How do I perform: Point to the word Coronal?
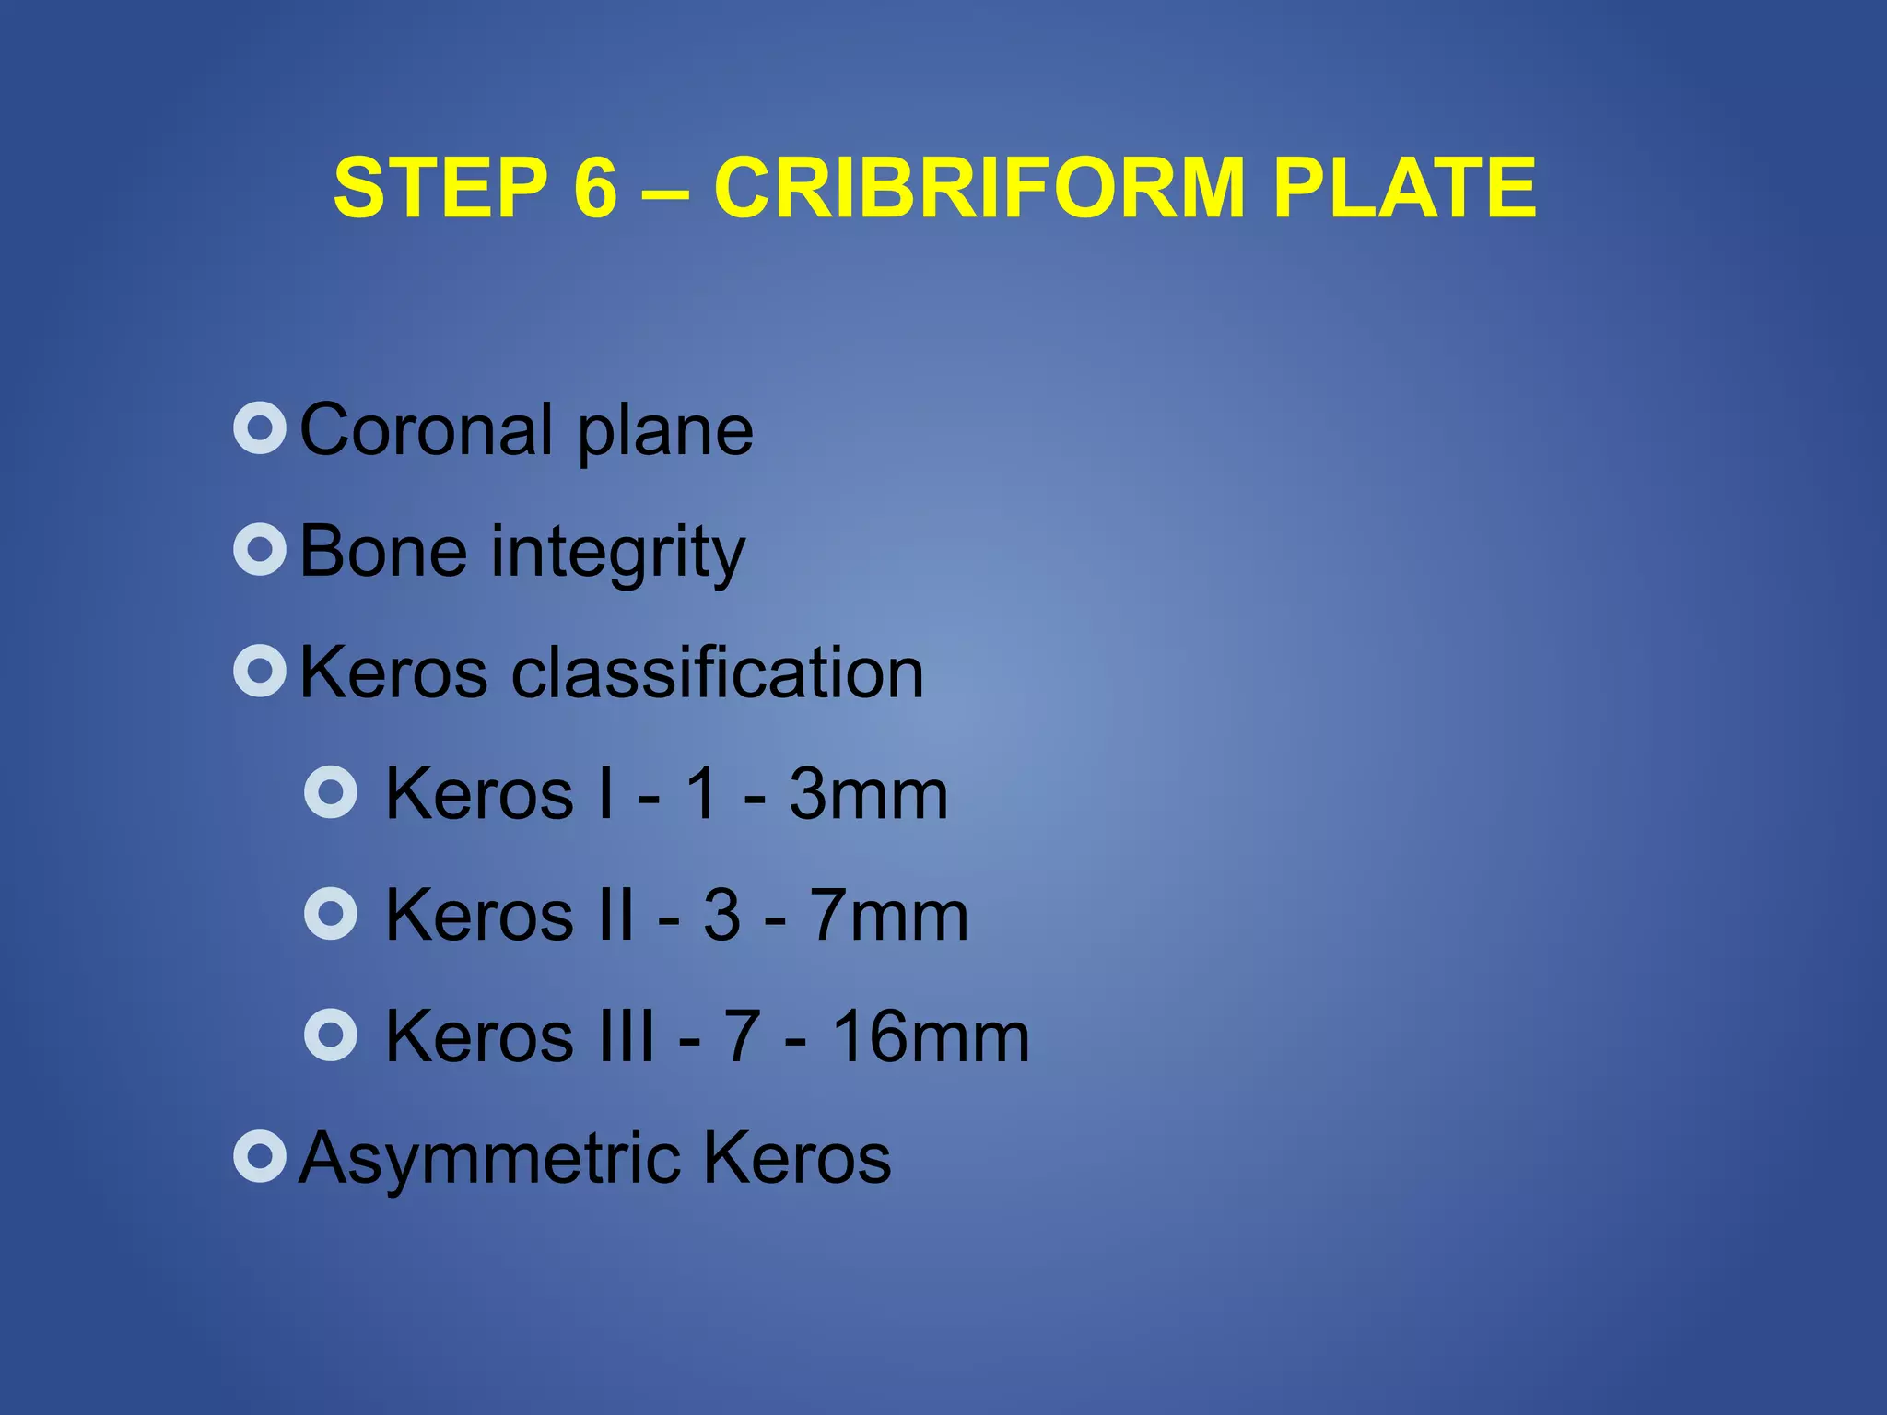pos(427,430)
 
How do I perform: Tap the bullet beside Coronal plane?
pos(260,428)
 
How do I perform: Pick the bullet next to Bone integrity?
pos(260,550)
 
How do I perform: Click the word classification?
pos(717,672)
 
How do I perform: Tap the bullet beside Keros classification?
pos(260,671)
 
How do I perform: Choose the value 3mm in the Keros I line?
pos(868,794)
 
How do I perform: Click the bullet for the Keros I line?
pos(330,792)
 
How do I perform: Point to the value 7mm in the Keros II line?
pos(889,916)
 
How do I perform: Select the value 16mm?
pos(931,1037)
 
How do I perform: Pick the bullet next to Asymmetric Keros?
pos(260,1156)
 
